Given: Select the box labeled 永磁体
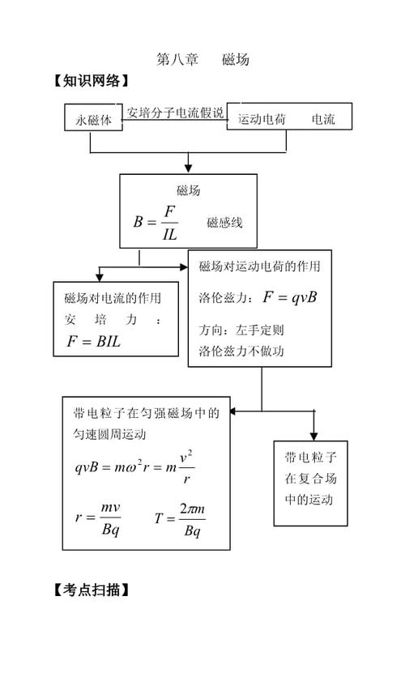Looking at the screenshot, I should (94, 118).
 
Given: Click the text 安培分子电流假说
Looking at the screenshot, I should (175, 113).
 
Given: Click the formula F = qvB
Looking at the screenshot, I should (289, 297).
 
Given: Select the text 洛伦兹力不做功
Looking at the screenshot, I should (241, 351).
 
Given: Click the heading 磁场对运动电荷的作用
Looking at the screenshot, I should (259, 266).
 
